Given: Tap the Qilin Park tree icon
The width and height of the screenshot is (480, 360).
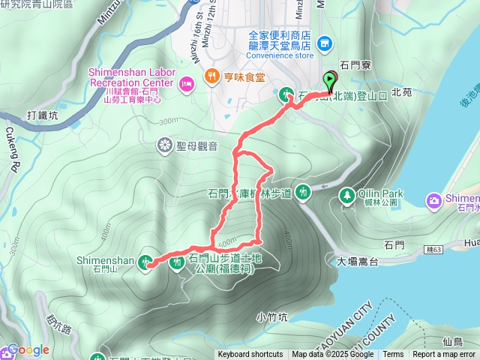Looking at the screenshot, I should click(346, 195).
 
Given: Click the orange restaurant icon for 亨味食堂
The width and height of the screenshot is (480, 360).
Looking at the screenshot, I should click(212, 76).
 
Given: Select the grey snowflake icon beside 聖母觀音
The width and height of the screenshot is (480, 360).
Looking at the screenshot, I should click(164, 144).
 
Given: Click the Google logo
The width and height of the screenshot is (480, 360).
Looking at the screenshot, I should click(28, 350).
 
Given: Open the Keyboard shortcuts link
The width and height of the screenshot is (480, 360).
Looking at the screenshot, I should click(250, 355).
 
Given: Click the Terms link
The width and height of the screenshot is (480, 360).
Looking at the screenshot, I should click(393, 355).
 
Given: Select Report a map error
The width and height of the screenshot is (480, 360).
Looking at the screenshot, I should click(444, 355).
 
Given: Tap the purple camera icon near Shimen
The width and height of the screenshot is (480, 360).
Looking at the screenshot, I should click(434, 199).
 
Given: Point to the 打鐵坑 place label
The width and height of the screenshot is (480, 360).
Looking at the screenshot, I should click(42, 116).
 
